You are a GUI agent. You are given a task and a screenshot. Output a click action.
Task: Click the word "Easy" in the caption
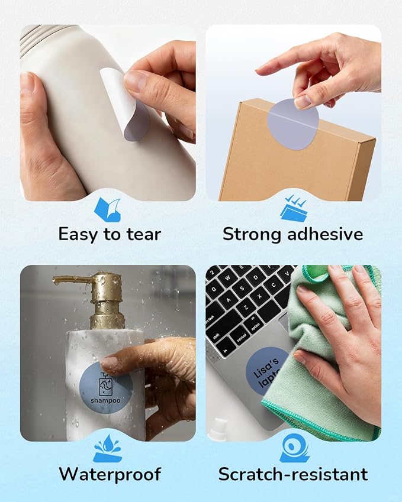(x=78, y=234)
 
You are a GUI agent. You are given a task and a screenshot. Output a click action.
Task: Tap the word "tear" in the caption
(x=144, y=234)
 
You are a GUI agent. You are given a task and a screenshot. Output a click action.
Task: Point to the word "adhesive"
(x=325, y=234)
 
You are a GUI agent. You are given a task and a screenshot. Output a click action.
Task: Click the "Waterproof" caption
(x=110, y=474)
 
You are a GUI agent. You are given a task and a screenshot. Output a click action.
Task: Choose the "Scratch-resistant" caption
(x=293, y=474)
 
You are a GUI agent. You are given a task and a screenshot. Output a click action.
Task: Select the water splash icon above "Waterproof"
(x=108, y=449)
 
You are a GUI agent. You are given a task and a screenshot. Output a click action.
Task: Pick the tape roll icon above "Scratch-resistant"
(x=294, y=448)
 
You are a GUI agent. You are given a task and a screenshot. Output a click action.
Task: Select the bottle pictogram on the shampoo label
(x=105, y=384)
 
